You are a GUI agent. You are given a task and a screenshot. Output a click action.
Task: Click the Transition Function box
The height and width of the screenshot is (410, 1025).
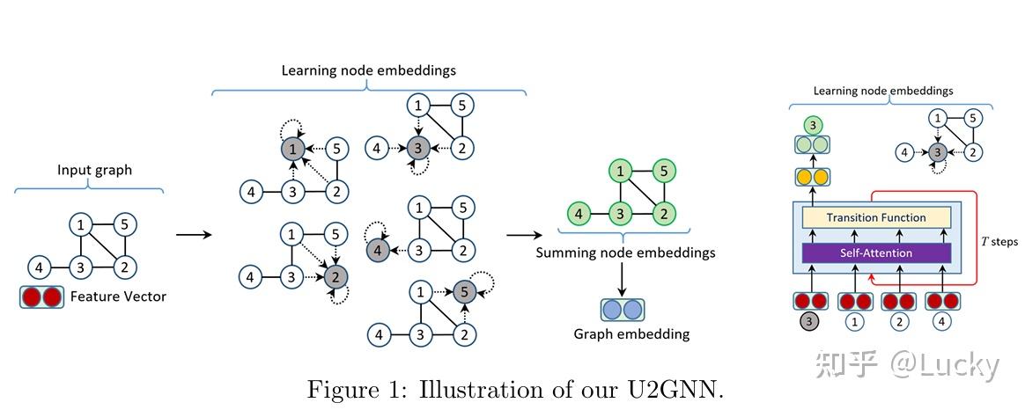point(875,217)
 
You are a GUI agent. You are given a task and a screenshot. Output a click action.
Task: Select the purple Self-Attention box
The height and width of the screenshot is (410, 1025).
point(875,253)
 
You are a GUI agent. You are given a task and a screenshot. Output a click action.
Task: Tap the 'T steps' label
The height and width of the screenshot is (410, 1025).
point(999,240)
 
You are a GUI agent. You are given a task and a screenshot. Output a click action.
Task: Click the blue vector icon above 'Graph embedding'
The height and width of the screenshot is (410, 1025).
point(623,310)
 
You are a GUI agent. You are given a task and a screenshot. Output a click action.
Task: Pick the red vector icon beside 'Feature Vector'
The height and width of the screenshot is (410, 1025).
point(41,297)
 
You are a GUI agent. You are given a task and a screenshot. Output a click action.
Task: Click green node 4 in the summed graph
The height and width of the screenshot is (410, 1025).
point(578,214)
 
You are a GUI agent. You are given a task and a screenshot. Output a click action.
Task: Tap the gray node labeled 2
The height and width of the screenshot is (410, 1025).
point(334,277)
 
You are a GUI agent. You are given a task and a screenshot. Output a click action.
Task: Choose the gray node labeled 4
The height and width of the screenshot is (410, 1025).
point(376,250)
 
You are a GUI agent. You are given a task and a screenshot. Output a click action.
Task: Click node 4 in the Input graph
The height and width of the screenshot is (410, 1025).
point(39,267)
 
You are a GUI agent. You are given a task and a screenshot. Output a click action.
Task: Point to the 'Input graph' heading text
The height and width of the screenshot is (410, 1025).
point(94,170)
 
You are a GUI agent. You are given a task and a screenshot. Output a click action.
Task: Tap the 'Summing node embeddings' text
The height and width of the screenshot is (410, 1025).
point(625,253)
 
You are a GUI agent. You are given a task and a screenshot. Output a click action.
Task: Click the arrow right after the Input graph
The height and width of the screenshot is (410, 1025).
point(194,235)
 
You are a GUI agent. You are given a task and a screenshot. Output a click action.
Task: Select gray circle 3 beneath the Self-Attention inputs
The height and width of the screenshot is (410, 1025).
point(809,322)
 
